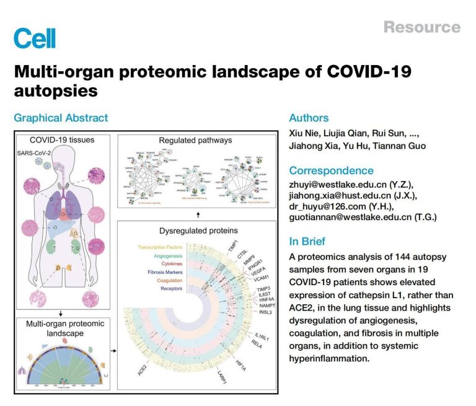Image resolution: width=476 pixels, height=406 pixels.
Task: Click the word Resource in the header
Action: point(421,27)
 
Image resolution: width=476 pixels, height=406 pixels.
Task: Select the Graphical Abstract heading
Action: point(61,118)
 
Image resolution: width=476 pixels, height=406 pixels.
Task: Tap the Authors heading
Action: point(309,118)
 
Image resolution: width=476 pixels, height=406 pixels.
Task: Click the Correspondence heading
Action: point(331,170)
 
